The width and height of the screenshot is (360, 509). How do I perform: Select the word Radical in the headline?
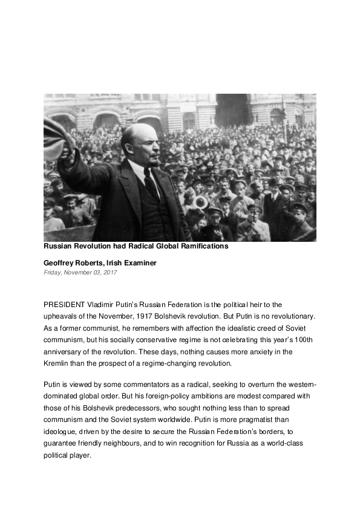pyautogui.click(x=125, y=247)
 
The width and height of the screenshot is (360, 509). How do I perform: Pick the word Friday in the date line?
pyautogui.click(x=53, y=273)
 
